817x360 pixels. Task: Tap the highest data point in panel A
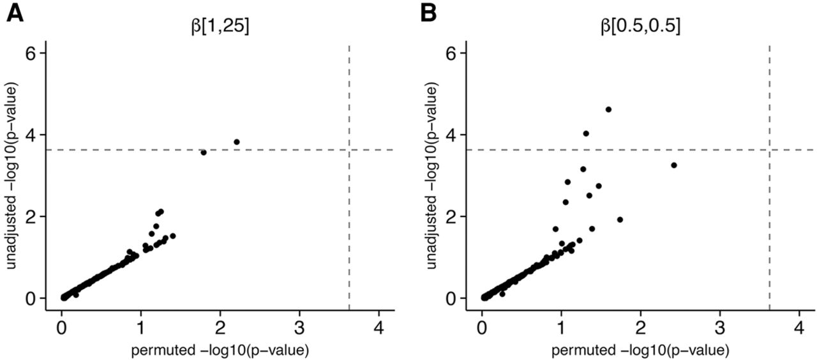tap(237, 142)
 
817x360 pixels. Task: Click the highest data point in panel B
tap(608, 110)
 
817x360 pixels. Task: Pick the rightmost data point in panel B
tap(673, 165)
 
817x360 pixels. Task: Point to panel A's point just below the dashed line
tap(204, 153)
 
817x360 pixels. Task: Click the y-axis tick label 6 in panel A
tap(30, 53)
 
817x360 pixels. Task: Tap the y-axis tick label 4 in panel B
tap(451, 135)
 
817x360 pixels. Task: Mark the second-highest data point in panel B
tap(586, 133)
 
